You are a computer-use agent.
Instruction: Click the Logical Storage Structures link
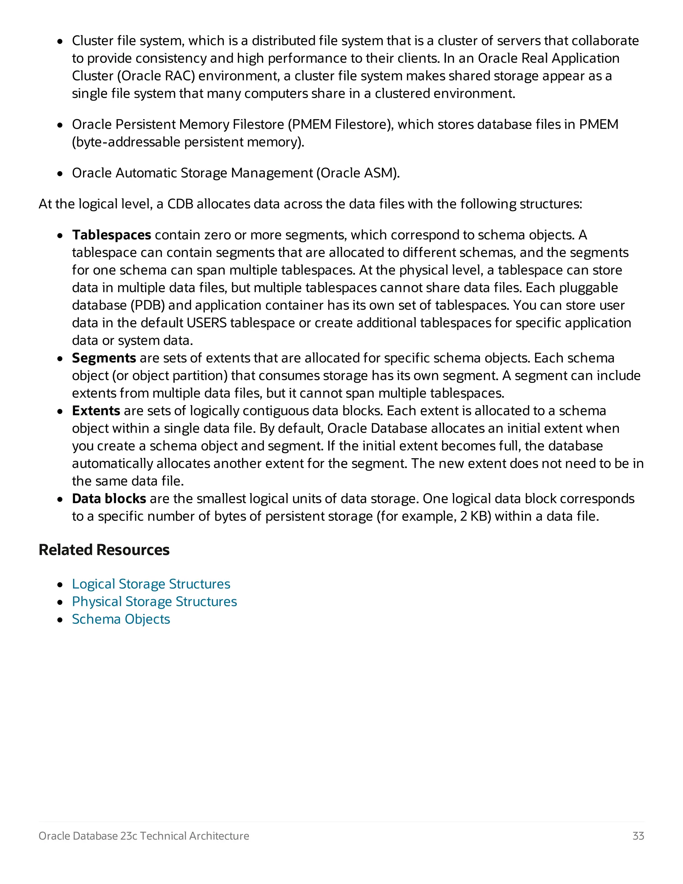click(151, 584)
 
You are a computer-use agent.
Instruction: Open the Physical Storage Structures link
click(154, 602)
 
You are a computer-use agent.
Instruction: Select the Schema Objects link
click(121, 619)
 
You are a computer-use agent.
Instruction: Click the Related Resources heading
click(104, 550)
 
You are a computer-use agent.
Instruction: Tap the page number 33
click(638, 836)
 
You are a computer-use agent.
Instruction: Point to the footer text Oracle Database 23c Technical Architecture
click(144, 836)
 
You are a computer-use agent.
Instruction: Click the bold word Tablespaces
click(111, 235)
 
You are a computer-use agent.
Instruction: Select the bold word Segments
click(104, 358)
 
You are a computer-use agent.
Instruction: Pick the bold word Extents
click(96, 411)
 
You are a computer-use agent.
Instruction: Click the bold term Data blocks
click(109, 499)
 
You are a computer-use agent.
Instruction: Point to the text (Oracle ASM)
click(358, 173)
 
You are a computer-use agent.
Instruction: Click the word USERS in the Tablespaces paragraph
click(206, 323)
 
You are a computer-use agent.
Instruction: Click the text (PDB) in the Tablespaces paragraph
click(148, 306)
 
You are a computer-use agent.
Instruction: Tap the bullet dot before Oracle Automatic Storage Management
click(60, 174)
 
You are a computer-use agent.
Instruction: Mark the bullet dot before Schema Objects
click(60, 620)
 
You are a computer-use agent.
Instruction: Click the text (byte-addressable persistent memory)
click(188, 142)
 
